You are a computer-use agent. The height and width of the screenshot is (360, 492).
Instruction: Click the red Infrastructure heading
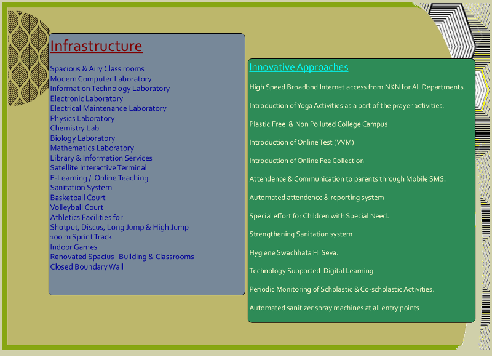click(96, 46)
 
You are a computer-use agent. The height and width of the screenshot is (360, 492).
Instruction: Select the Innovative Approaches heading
click(299, 67)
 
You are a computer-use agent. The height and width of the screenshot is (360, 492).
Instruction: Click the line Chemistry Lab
click(74, 129)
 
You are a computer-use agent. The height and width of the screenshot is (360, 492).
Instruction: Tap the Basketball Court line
click(78, 198)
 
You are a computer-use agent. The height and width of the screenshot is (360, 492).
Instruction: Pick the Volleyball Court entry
click(77, 207)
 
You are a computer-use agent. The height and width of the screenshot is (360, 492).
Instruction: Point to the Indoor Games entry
click(74, 247)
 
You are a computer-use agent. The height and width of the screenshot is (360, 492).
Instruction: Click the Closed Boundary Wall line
click(87, 267)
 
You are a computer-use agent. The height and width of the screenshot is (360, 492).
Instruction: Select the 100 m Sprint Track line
click(81, 237)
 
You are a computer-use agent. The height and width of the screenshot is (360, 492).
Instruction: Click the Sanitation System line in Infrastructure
click(81, 188)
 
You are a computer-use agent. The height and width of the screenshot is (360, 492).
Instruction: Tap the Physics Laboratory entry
click(82, 118)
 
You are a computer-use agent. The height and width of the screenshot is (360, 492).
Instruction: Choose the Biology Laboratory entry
click(82, 138)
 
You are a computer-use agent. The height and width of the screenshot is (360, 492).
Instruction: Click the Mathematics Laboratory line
click(92, 148)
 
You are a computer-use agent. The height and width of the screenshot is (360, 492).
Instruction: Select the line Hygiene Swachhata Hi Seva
click(294, 253)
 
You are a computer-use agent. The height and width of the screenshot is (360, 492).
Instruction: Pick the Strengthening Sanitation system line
click(301, 234)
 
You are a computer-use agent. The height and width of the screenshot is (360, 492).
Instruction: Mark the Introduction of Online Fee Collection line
click(306, 161)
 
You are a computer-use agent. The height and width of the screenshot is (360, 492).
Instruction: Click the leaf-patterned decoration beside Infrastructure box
click(28, 58)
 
